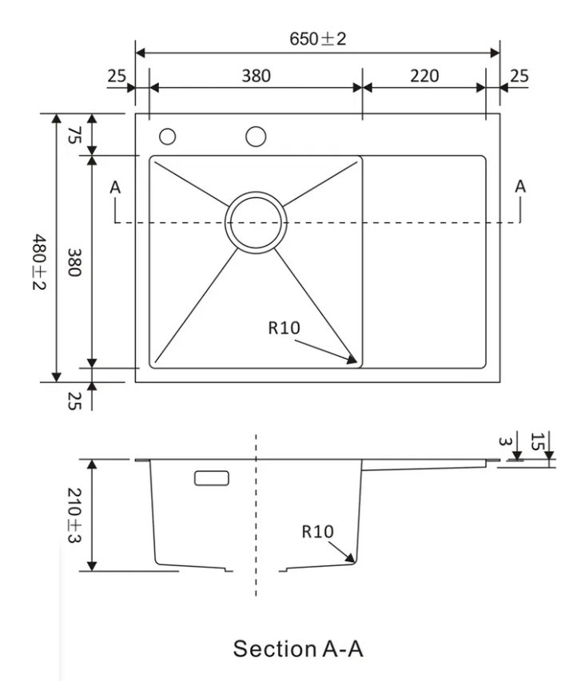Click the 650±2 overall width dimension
coord(318,39)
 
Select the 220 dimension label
coord(424,76)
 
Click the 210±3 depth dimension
coord(74,515)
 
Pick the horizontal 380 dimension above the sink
coord(256,76)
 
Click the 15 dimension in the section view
coord(537,440)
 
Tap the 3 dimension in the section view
coord(503,441)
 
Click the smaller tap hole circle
coord(167,137)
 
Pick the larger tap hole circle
coord(256,137)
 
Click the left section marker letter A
coord(116,187)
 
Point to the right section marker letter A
coord(520,186)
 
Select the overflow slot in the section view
coord(211,477)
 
